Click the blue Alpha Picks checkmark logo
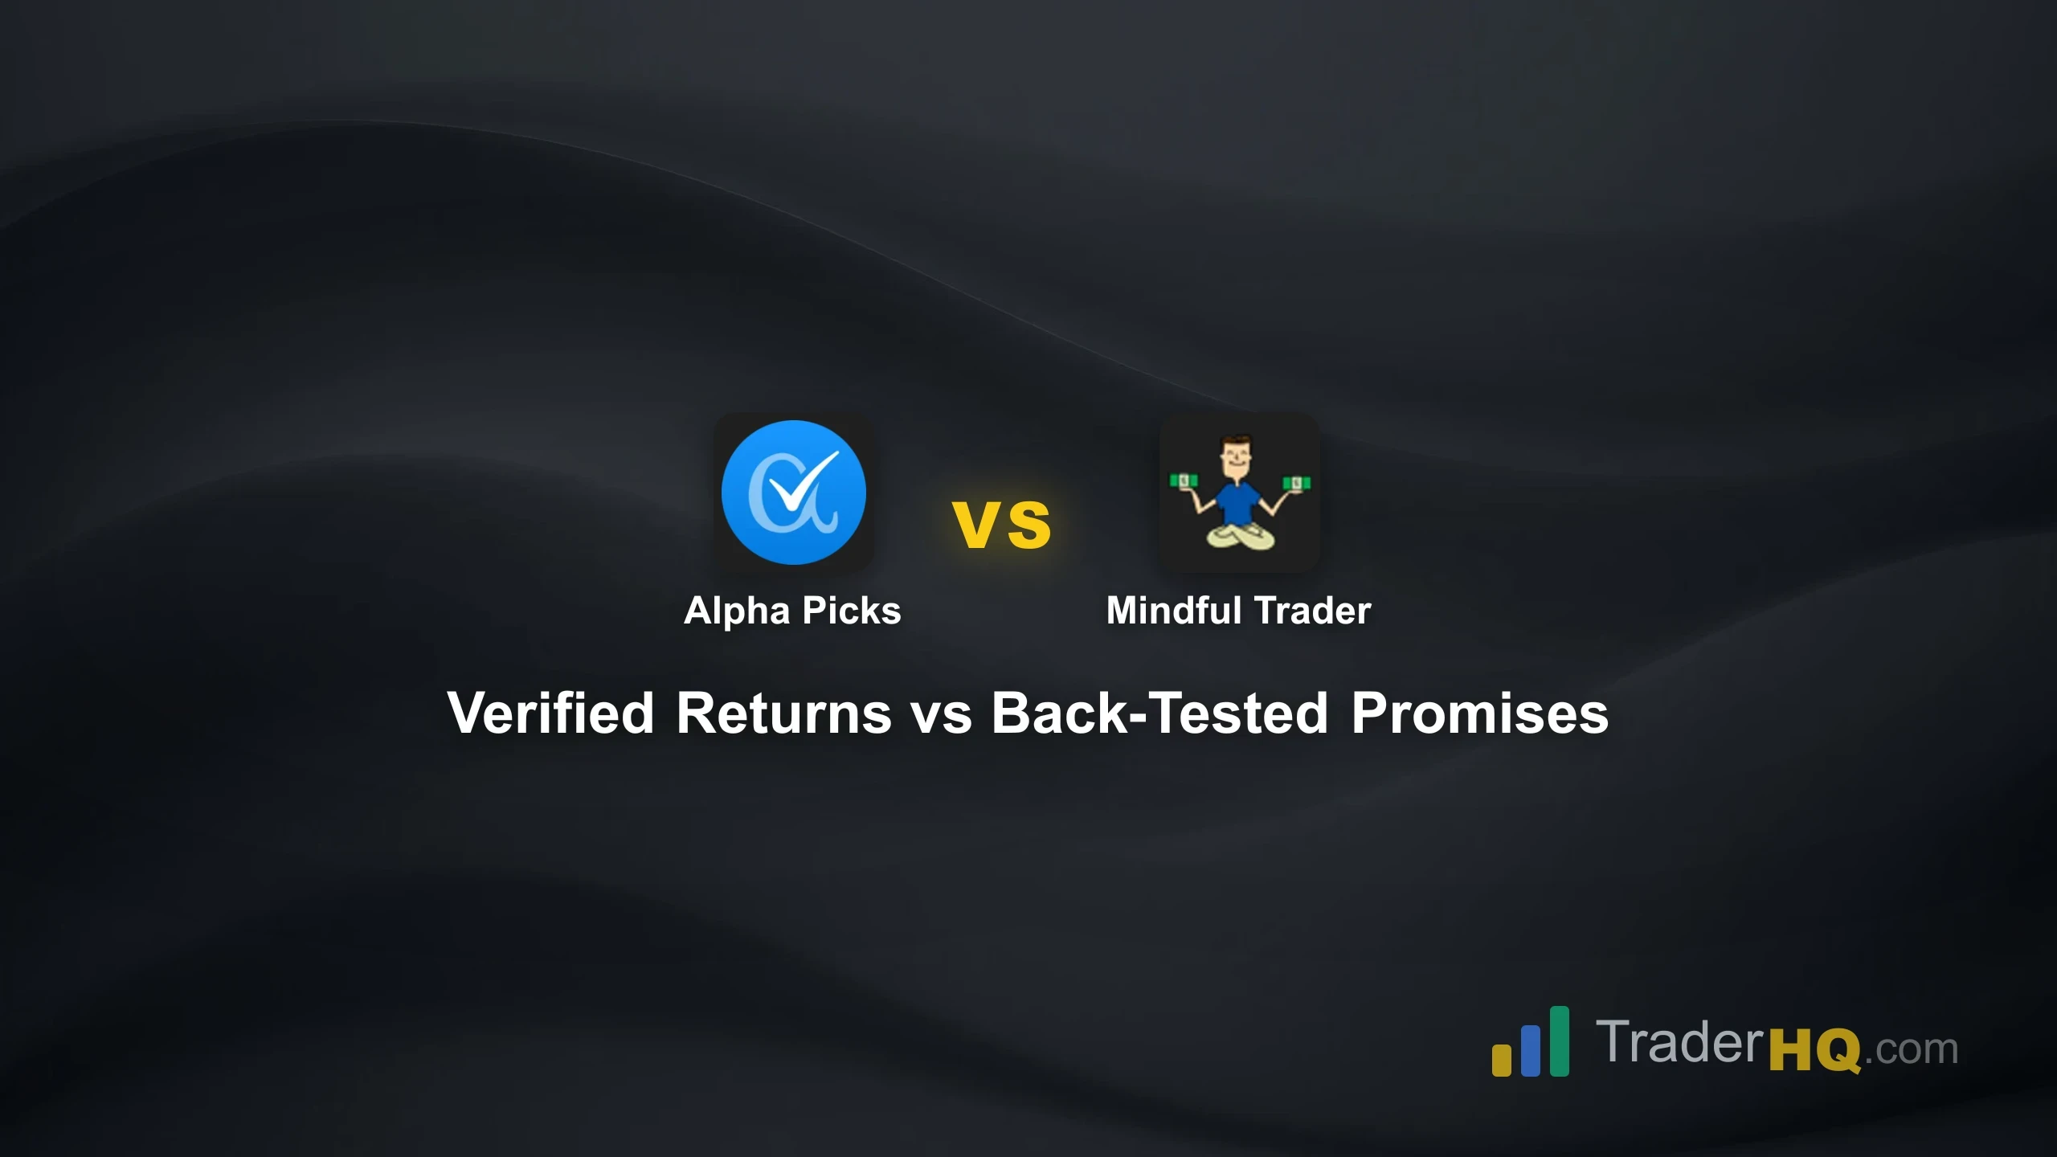pos(793,492)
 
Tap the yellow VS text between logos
pos(1001,525)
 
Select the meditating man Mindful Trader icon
pos(1239,492)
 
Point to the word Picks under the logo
pos(852,611)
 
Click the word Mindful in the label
pos(1174,611)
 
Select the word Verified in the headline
pos(551,713)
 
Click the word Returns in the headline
pos(783,713)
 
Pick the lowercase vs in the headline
pos(941,714)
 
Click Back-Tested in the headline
pos(1159,713)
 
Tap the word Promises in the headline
pos(1479,713)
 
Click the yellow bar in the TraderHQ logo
pos(1502,1058)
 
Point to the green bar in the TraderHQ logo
pos(1559,1040)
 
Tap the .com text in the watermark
pos(1911,1050)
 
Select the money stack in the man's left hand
pos(1296,483)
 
